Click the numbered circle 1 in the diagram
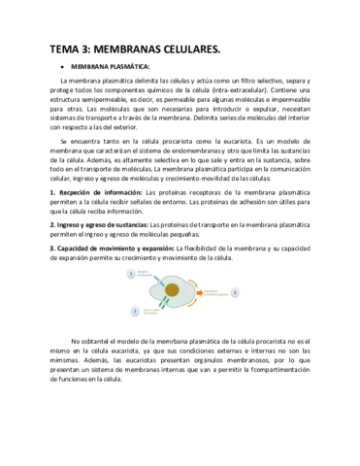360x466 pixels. (130, 275)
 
